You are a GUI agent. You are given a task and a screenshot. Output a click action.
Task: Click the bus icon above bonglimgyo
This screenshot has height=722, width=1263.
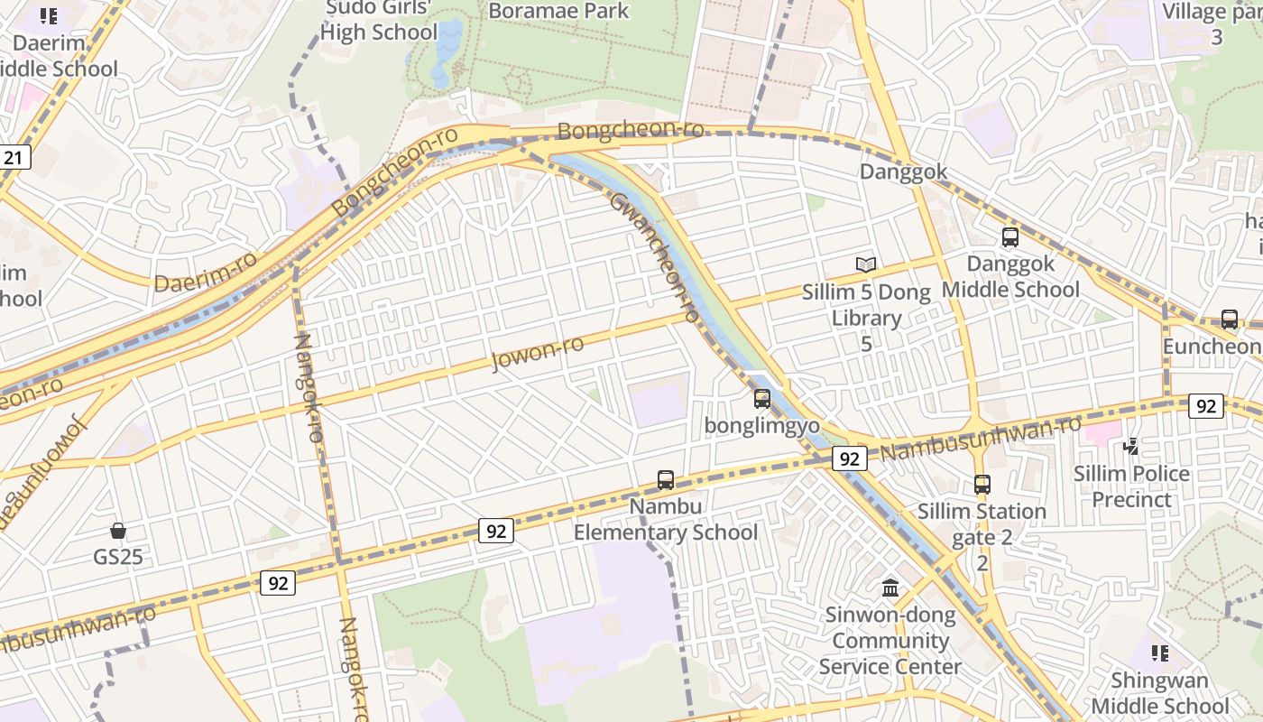(x=762, y=398)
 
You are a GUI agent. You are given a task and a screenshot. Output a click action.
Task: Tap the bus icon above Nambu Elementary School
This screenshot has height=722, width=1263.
(x=666, y=479)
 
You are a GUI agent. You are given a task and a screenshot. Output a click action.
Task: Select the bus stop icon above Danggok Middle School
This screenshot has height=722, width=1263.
(x=1010, y=237)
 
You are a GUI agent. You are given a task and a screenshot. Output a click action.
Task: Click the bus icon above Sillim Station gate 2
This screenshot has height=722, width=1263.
(x=982, y=485)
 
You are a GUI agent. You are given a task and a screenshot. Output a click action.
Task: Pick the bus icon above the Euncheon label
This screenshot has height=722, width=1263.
(x=1230, y=319)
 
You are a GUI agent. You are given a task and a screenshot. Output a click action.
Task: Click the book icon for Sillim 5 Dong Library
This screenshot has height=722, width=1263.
(x=866, y=264)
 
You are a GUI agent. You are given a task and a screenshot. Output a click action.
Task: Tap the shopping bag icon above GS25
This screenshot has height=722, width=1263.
(x=118, y=530)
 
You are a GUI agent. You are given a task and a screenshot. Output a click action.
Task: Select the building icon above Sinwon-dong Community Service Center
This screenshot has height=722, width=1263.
(x=890, y=588)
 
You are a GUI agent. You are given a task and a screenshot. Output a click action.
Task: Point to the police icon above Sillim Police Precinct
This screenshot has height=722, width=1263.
(x=1131, y=446)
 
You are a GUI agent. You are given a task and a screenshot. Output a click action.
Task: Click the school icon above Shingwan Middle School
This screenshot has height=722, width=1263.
(x=1160, y=653)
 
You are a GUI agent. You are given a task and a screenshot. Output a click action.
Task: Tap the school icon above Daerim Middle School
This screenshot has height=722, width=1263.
(x=49, y=15)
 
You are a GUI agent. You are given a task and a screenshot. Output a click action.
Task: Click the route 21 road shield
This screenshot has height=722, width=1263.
(x=14, y=158)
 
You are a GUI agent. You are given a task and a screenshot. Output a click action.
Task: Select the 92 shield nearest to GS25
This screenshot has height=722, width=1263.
(x=278, y=583)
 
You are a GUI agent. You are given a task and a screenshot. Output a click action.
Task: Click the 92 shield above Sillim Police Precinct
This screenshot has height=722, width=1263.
(x=1206, y=406)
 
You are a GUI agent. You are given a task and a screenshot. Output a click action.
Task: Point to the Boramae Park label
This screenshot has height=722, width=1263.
(x=558, y=11)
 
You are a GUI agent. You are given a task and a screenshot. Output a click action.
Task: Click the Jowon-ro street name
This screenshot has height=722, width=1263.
(x=538, y=352)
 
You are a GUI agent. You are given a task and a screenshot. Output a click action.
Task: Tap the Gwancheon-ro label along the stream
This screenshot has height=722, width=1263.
(x=655, y=257)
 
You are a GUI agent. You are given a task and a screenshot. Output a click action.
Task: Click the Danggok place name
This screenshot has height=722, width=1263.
(x=903, y=171)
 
